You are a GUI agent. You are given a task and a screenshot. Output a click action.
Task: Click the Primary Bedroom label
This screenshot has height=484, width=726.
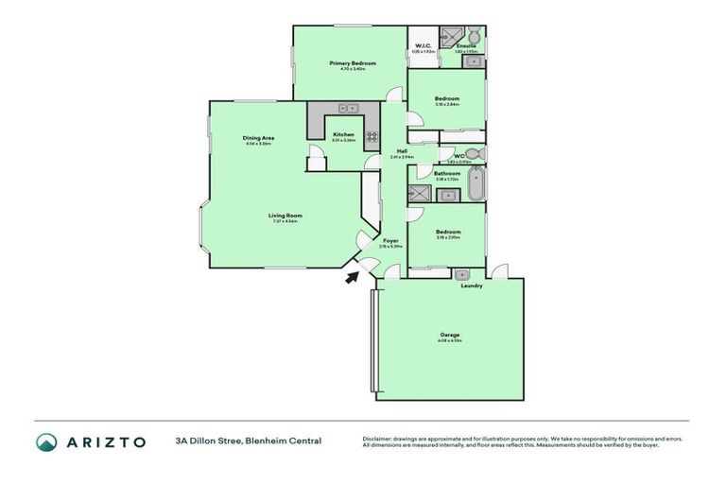click(x=353, y=63)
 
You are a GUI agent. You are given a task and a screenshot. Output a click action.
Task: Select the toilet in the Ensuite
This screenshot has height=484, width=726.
click(x=474, y=37)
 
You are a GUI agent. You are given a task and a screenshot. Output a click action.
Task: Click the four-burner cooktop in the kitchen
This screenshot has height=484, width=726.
click(x=372, y=136)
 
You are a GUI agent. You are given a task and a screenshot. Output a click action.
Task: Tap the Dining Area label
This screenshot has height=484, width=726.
click(x=258, y=138)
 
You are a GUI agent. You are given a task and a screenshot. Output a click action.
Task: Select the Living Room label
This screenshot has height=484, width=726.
click(x=285, y=216)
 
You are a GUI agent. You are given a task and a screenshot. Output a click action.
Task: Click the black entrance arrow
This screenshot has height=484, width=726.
click(x=353, y=276)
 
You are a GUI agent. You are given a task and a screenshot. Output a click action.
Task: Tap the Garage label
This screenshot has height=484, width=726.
click(x=449, y=335)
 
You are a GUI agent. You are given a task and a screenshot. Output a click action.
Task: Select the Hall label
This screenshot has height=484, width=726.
click(x=402, y=151)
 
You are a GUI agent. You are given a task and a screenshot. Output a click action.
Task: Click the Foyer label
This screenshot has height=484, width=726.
click(x=390, y=240)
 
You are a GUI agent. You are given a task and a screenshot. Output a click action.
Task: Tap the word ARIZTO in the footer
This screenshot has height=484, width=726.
click(x=106, y=441)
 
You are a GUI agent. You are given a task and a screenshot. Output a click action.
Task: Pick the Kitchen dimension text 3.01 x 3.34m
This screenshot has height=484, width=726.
click(x=344, y=141)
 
